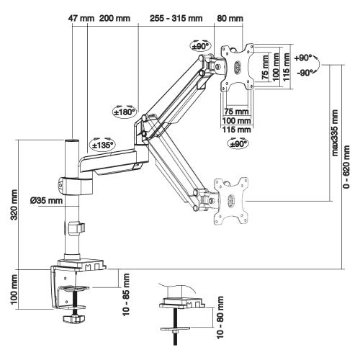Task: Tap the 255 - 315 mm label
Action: [x=176, y=17]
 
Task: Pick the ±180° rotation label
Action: [x=125, y=112]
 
